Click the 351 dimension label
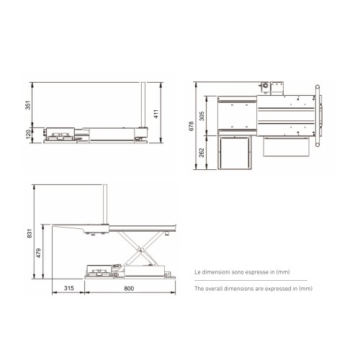pos(28,105)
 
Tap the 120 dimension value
pos(28,134)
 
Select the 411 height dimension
pos(156,114)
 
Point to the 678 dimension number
pos(192,126)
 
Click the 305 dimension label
pos(202,116)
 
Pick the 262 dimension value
pos(202,153)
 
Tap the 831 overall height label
pos(30,233)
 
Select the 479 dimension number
pos(38,253)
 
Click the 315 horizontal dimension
pos(69,288)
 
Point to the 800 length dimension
pos(129,288)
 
